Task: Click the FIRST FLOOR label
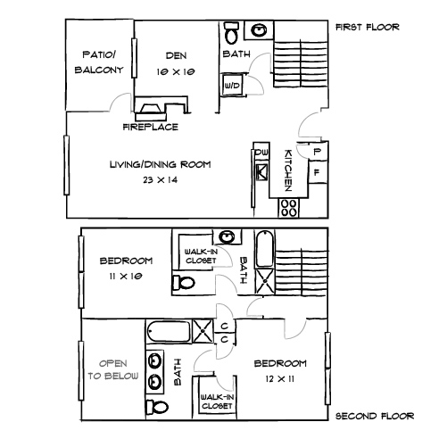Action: pos(367,28)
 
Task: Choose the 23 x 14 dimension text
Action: pos(161,179)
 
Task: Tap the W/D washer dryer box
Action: pos(233,85)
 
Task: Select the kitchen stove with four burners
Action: pos(290,206)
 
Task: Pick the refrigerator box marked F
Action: pos(315,170)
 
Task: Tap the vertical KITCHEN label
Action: pos(289,170)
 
